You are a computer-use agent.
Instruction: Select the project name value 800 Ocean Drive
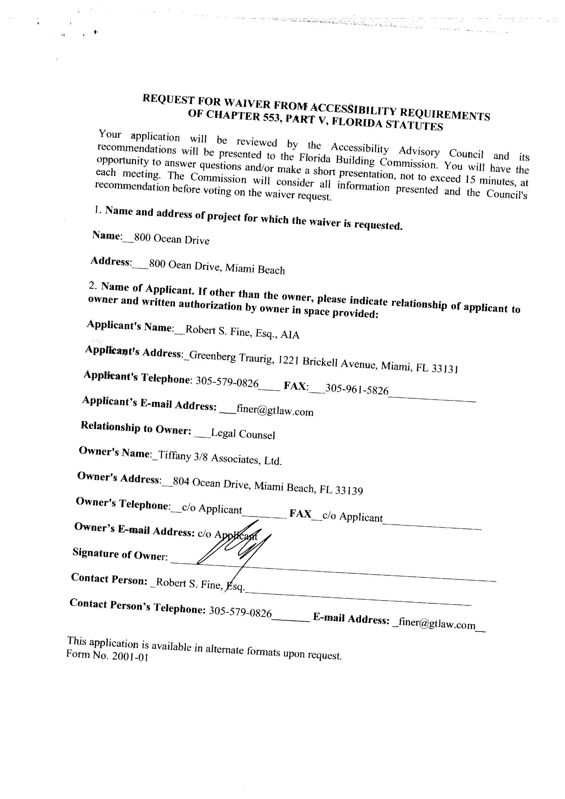pos(172,239)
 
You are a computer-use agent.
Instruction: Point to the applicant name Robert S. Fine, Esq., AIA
pos(242,331)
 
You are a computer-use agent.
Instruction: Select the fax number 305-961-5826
pos(357,389)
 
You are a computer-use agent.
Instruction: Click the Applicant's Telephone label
pos(136,377)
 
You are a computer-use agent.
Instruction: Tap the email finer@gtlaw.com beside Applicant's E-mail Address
pos(275,411)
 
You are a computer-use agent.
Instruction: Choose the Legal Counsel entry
pos(243,434)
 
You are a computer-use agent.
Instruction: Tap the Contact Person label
pos(109,579)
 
